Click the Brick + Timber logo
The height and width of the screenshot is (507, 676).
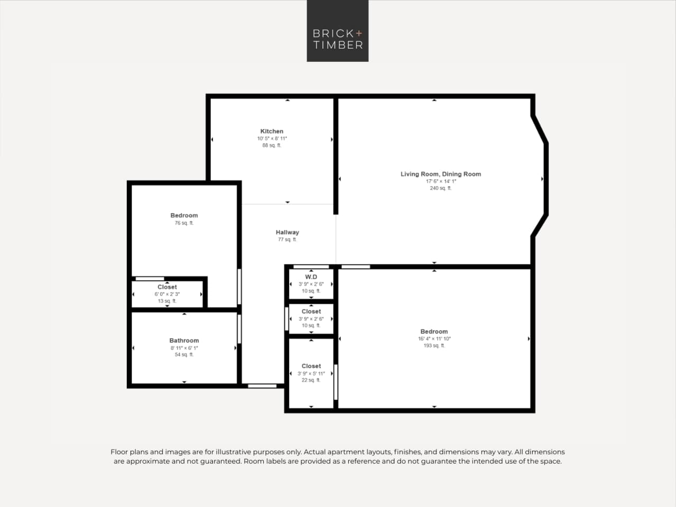[x=337, y=31]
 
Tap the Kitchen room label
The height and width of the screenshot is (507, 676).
[x=272, y=131]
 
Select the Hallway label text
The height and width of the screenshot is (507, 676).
[x=287, y=232]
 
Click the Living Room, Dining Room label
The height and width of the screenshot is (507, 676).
[x=440, y=174]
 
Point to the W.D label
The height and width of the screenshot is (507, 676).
[x=311, y=277]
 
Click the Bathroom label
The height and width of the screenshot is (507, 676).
[x=184, y=340]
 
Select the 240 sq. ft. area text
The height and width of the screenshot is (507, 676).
[x=440, y=188]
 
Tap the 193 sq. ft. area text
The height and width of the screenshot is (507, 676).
[x=434, y=346]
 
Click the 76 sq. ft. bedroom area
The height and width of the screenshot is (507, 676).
[x=184, y=223]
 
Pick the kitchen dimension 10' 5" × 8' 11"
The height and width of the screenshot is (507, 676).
[x=272, y=139]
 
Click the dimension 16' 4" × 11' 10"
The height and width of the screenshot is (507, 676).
[x=434, y=339]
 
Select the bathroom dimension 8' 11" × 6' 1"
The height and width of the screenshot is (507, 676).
[x=184, y=348]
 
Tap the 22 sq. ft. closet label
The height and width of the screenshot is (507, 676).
[x=311, y=380]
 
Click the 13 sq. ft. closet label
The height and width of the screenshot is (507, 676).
[x=167, y=301]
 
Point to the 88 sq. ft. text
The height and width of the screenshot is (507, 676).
[x=272, y=145]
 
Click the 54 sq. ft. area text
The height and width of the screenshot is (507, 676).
[x=184, y=355]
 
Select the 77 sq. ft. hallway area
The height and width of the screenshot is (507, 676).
[x=287, y=239]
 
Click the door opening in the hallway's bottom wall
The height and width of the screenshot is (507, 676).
[x=262, y=386]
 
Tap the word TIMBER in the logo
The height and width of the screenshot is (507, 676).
[x=338, y=45]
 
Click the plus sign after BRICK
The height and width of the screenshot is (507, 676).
[x=359, y=33]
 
